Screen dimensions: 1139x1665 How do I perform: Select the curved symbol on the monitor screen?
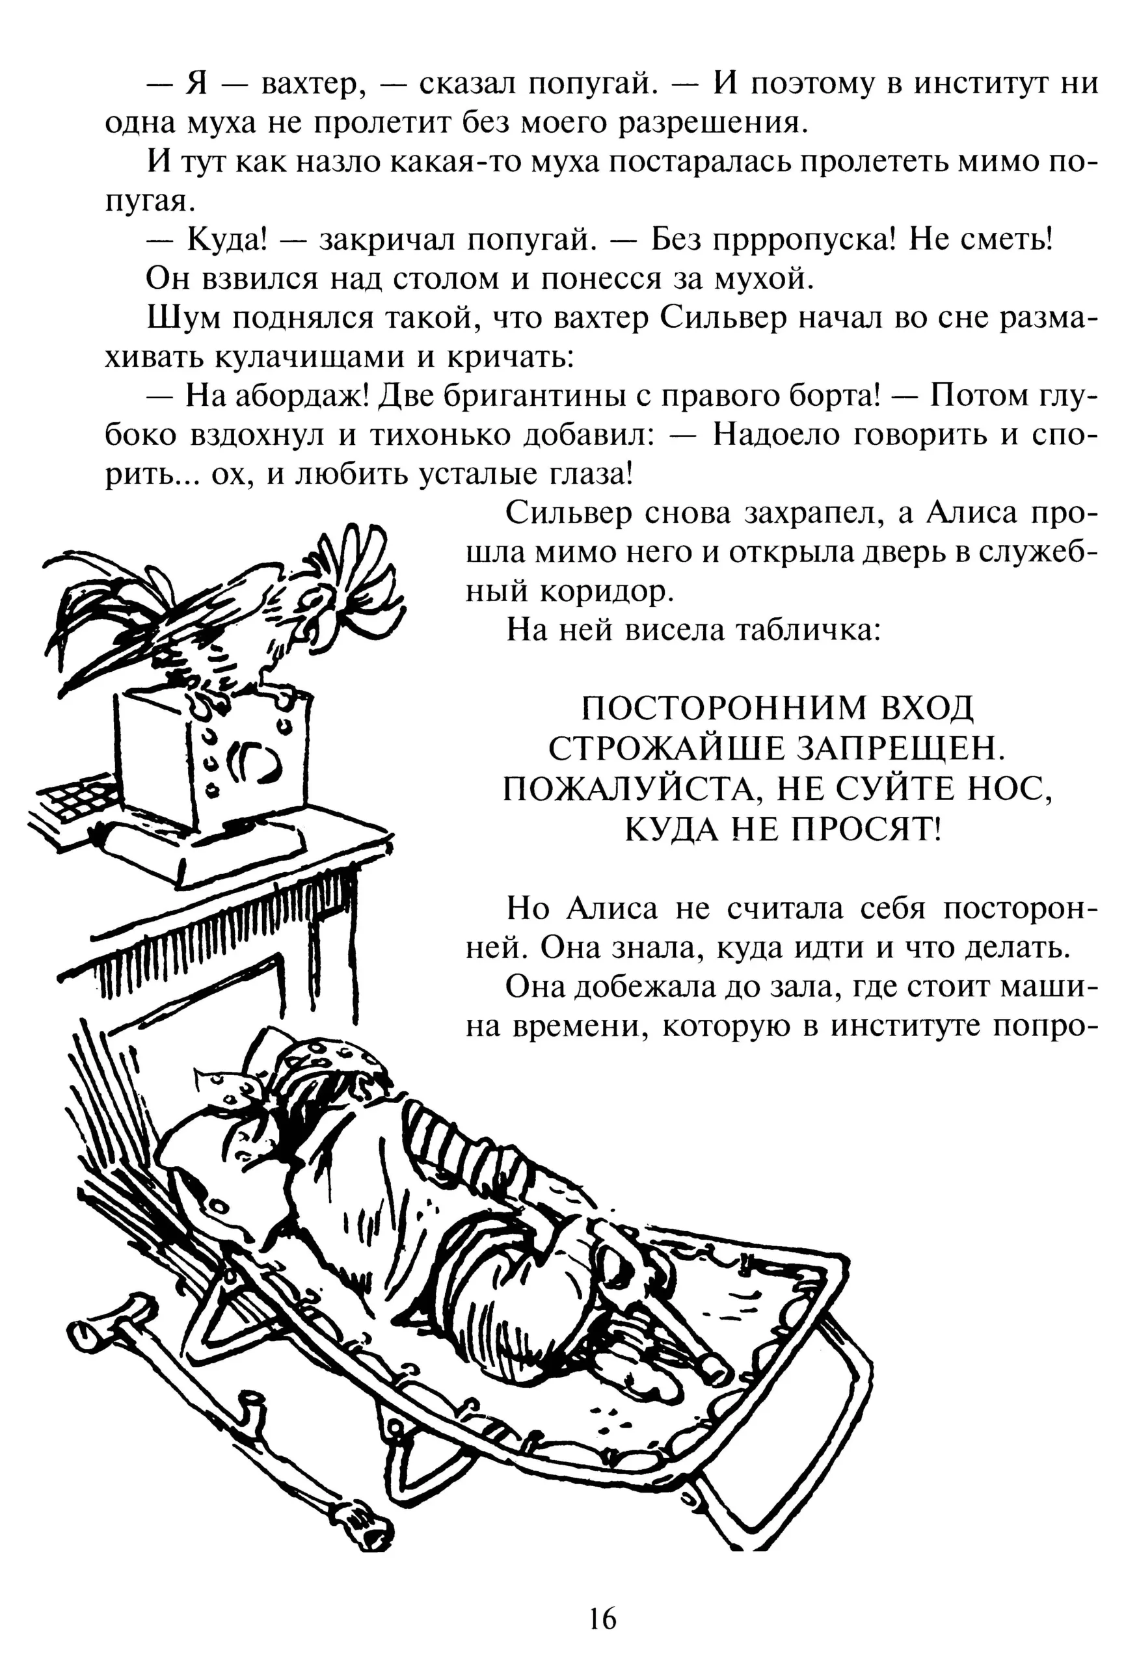pos(254,764)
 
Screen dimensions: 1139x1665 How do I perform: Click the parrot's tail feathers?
pos(114,609)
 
